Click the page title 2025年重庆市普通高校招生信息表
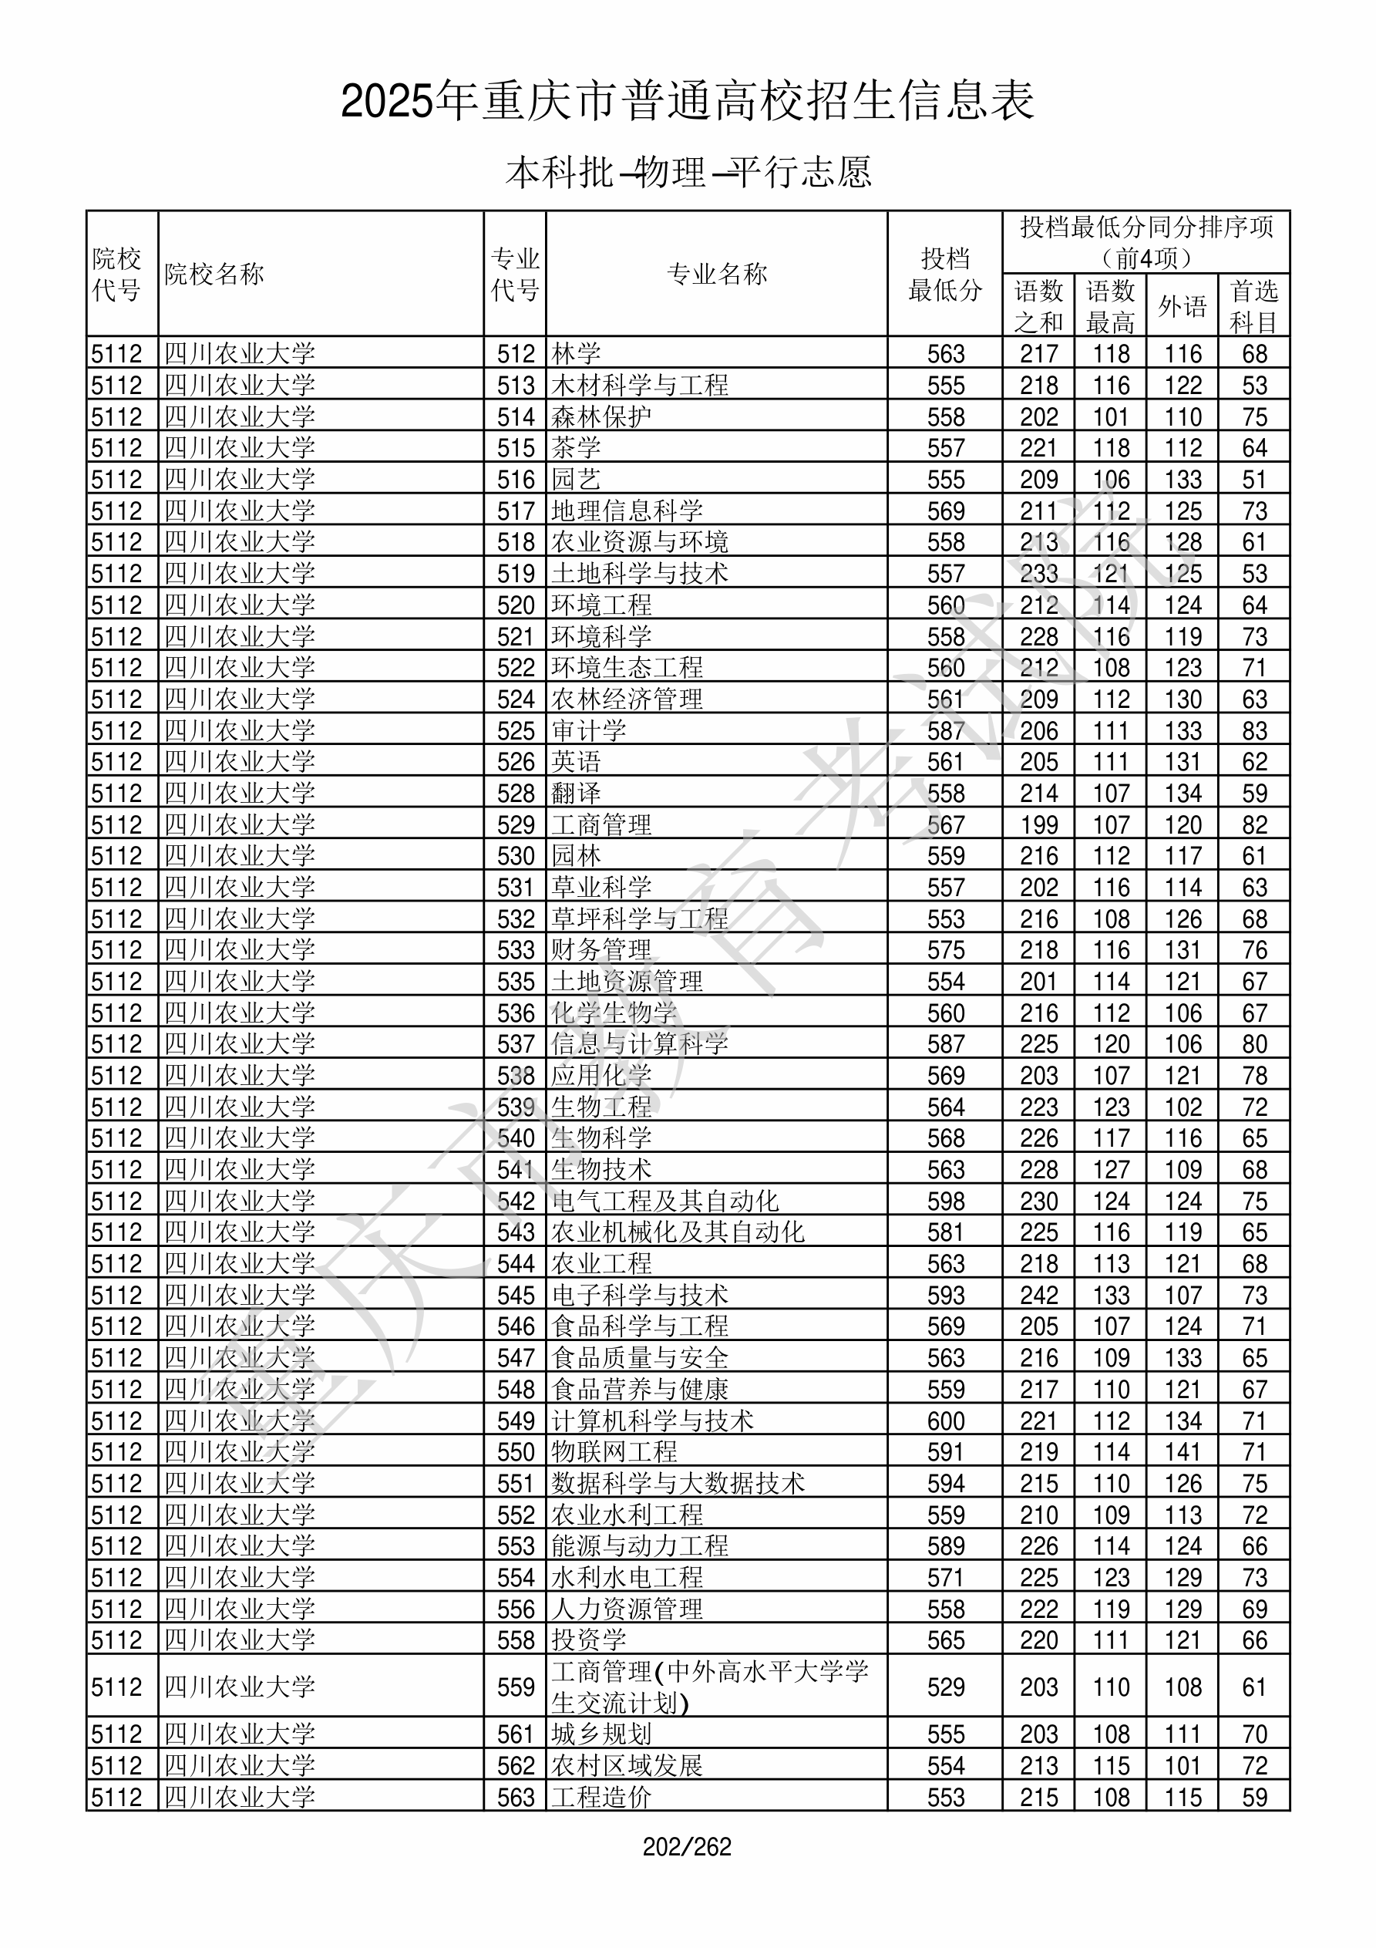tap(687, 102)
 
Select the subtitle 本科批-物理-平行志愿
tap(687, 172)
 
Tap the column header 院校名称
tap(214, 274)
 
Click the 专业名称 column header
tap(717, 274)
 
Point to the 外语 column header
tap(1182, 306)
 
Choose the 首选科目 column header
tap(1254, 306)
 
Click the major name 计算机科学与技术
tap(651, 1421)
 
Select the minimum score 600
tap(945, 1421)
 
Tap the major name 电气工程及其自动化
tap(664, 1201)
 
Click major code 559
tap(516, 1687)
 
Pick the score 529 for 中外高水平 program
tap(945, 1687)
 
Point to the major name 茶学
tap(576, 448)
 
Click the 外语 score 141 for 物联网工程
tap(1183, 1452)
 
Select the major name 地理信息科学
tap(626, 511)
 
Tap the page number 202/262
tap(687, 1847)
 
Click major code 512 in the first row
tap(516, 354)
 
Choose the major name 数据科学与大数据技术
tap(677, 1484)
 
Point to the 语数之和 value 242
tap(1038, 1296)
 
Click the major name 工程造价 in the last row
tap(601, 1797)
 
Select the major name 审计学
tap(588, 730)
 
